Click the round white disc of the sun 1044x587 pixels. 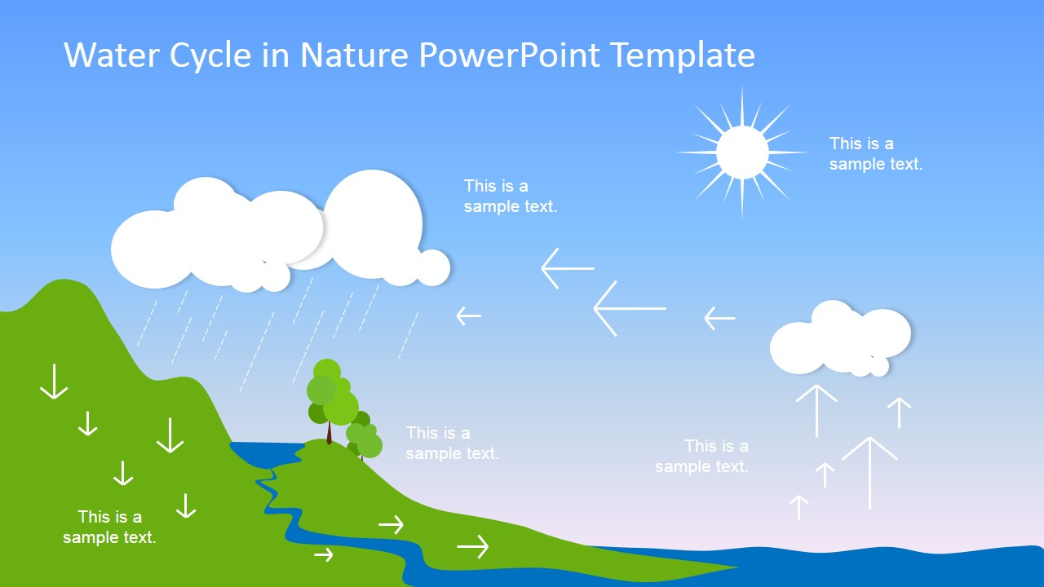pyautogui.click(x=742, y=152)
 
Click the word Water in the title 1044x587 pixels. pyautogui.click(x=112, y=55)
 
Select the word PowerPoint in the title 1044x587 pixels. pyautogui.click(x=510, y=55)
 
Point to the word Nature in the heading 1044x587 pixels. pyautogui.click(x=354, y=55)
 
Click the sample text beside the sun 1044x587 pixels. pyautogui.click(x=876, y=153)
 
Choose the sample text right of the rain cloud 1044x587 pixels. pyautogui.click(x=511, y=196)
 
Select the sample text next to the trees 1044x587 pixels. pyautogui.click(x=452, y=443)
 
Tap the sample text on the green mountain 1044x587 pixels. pyautogui.click(x=109, y=527)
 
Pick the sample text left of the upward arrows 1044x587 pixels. pyautogui.click(x=701, y=456)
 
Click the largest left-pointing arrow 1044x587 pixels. pyautogui.click(x=630, y=308)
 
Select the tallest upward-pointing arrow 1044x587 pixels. pyautogui.click(x=869, y=473)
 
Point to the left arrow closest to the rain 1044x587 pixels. pyautogui.click(x=468, y=316)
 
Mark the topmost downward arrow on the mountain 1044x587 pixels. pyautogui.click(x=54, y=382)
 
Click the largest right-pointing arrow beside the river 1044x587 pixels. pyautogui.click(x=472, y=546)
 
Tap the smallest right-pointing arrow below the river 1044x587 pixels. pyautogui.click(x=324, y=554)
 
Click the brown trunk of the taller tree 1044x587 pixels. pyautogui.click(x=330, y=433)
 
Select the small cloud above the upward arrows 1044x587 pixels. pyautogui.click(x=840, y=338)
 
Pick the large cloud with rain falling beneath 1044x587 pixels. pyautogui.click(x=280, y=231)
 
